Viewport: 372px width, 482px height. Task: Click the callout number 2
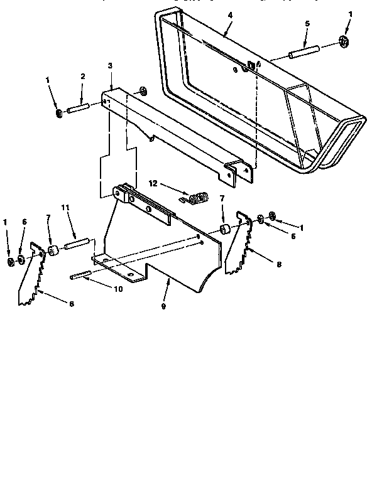pyautogui.click(x=82, y=77)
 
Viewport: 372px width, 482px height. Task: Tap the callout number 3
pyautogui.click(x=110, y=65)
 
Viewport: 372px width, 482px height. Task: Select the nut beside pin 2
pyautogui.click(x=58, y=114)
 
